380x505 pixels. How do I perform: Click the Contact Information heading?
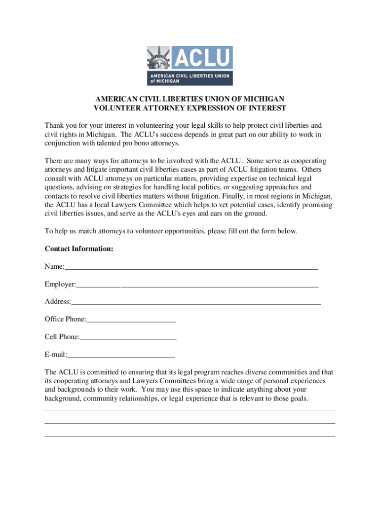(79, 249)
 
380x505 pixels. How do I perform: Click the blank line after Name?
(191, 269)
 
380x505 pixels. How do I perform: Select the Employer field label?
(60, 285)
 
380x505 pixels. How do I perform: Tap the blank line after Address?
(195, 304)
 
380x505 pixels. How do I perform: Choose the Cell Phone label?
(61, 337)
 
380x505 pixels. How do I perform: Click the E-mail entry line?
(121, 356)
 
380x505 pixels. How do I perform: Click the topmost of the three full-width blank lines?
(190, 410)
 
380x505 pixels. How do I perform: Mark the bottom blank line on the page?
(190, 436)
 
